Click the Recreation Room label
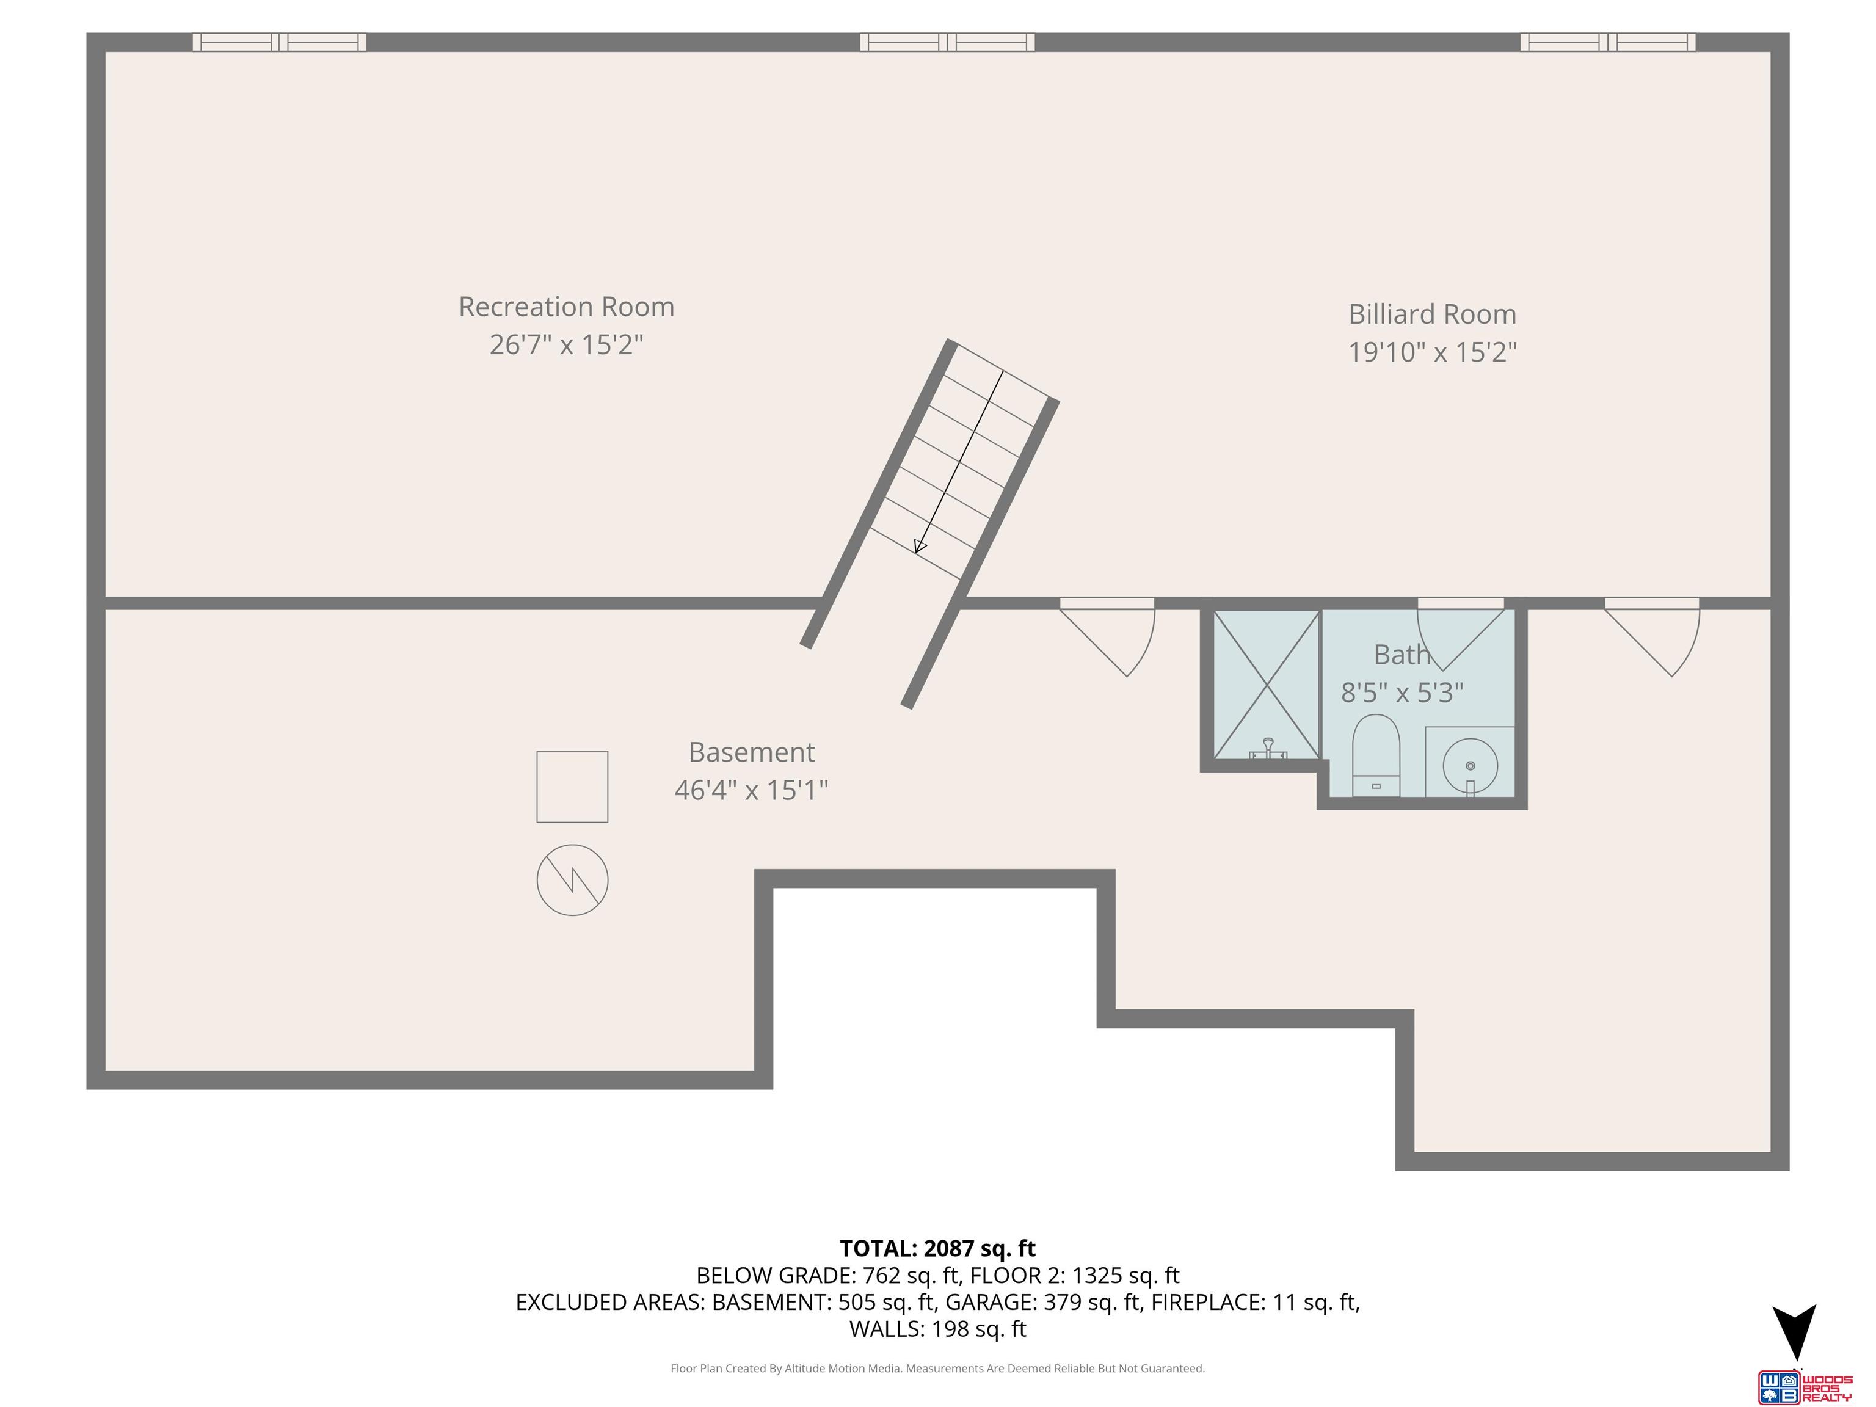[x=567, y=306]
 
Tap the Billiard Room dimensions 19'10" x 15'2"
[x=1433, y=351]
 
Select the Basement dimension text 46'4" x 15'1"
[x=751, y=790]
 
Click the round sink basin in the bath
[x=1470, y=766]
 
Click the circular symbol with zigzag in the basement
[x=572, y=879]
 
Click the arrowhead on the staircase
[x=919, y=545]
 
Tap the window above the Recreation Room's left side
[x=279, y=42]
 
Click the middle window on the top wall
[x=947, y=42]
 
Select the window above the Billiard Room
[x=1608, y=42]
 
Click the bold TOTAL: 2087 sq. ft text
[x=937, y=1248]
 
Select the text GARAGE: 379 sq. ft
[x=1042, y=1302]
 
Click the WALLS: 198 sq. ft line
[x=937, y=1328]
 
